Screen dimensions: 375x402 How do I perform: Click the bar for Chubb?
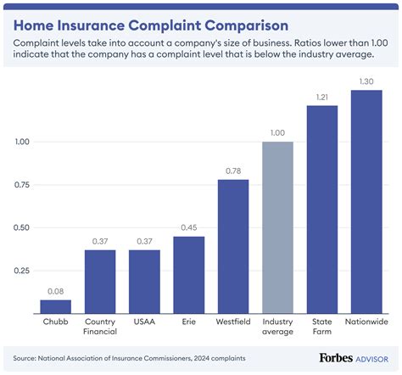coord(55,305)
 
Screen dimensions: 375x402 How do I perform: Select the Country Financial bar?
coord(100,281)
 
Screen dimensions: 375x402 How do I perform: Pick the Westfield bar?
coord(233,245)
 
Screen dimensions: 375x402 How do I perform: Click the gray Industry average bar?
coord(277,227)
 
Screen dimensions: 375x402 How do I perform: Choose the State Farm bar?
coord(322,209)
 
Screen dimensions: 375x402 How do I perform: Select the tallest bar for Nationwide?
coord(366,201)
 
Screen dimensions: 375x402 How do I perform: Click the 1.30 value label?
coord(366,81)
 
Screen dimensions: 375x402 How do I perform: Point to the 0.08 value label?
coord(55,291)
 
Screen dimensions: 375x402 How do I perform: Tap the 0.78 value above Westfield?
coord(233,171)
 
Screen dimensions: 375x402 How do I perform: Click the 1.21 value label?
coord(322,98)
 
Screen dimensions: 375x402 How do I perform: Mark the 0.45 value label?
coord(189,227)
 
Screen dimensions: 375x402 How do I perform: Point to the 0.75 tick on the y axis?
coord(24,185)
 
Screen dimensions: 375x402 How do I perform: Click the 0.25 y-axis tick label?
coord(24,271)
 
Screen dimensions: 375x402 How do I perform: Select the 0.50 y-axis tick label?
coord(24,227)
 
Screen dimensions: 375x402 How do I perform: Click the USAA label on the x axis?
coord(144,322)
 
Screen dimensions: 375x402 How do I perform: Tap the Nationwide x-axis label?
coord(366,322)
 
